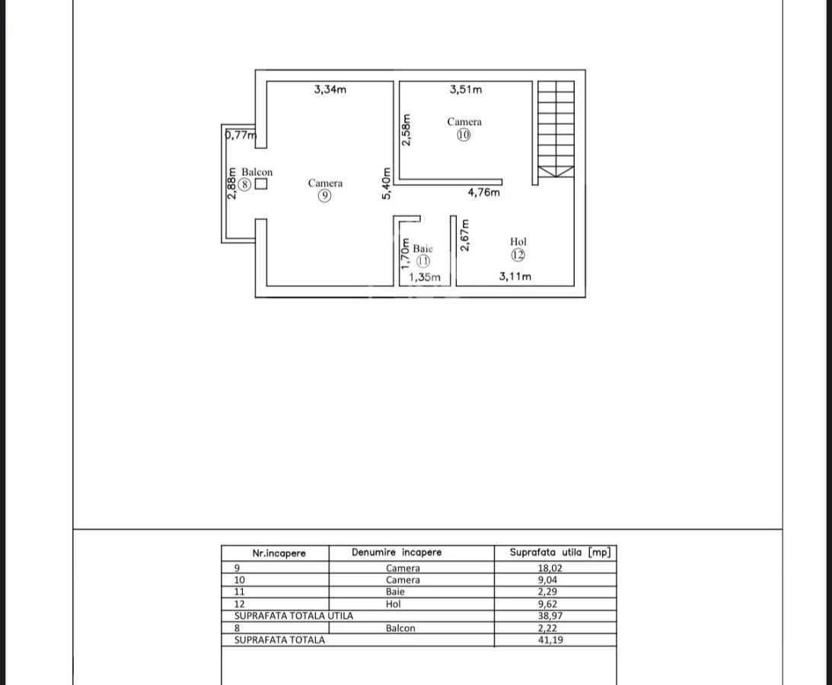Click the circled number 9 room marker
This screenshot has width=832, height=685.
[324, 196]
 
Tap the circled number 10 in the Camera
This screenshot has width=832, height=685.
[464, 135]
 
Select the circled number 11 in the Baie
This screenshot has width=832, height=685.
[423, 261]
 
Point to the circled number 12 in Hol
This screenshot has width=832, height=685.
[518, 255]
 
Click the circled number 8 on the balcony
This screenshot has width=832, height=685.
[244, 185]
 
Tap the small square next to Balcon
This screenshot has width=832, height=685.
[260, 184]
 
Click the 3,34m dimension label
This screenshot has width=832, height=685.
[330, 90]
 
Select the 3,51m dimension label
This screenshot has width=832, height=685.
[466, 90]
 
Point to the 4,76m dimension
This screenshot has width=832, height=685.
[483, 192]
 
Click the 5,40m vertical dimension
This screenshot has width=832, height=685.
[386, 183]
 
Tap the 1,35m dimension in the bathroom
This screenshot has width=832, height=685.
[425, 277]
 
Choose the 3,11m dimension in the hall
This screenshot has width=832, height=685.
[515, 276]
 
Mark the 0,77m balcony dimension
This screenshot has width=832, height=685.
[241, 135]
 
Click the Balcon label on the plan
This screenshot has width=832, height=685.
[257, 172]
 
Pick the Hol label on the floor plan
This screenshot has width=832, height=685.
[518, 241]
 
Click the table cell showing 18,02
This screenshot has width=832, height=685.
[550, 568]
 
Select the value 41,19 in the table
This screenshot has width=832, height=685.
[550, 640]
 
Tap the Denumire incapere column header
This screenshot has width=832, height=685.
[397, 553]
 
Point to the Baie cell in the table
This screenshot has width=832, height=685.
[395, 591]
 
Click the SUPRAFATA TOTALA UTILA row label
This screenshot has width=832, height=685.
[293, 616]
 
